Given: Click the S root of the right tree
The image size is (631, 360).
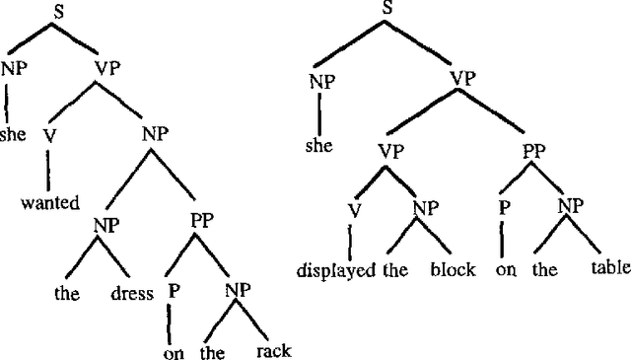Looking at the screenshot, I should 386,10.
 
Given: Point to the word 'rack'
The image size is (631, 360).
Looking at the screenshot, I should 273,350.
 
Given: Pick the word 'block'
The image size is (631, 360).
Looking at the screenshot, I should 455,269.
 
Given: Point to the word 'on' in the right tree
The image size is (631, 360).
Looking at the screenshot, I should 505,269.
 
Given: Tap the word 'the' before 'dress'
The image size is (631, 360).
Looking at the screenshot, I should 66,293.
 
